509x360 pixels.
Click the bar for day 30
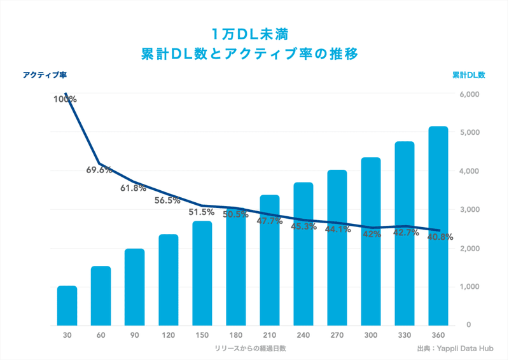(x=67, y=306)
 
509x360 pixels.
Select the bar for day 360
(x=438, y=226)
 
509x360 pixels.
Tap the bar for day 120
(x=169, y=280)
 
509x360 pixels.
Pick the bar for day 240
(x=303, y=254)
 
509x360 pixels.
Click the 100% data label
(x=65, y=99)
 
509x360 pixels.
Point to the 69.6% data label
(x=99, y=170)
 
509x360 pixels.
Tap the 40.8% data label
(x=440, y=237)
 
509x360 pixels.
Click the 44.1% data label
(x=338, y=230)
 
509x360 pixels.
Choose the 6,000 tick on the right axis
(x=468, y=94)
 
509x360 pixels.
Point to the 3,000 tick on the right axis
(x=468, y=210)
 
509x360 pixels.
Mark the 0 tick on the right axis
(x=468, y=325)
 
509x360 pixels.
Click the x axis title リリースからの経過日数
(x=253, y=349)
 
